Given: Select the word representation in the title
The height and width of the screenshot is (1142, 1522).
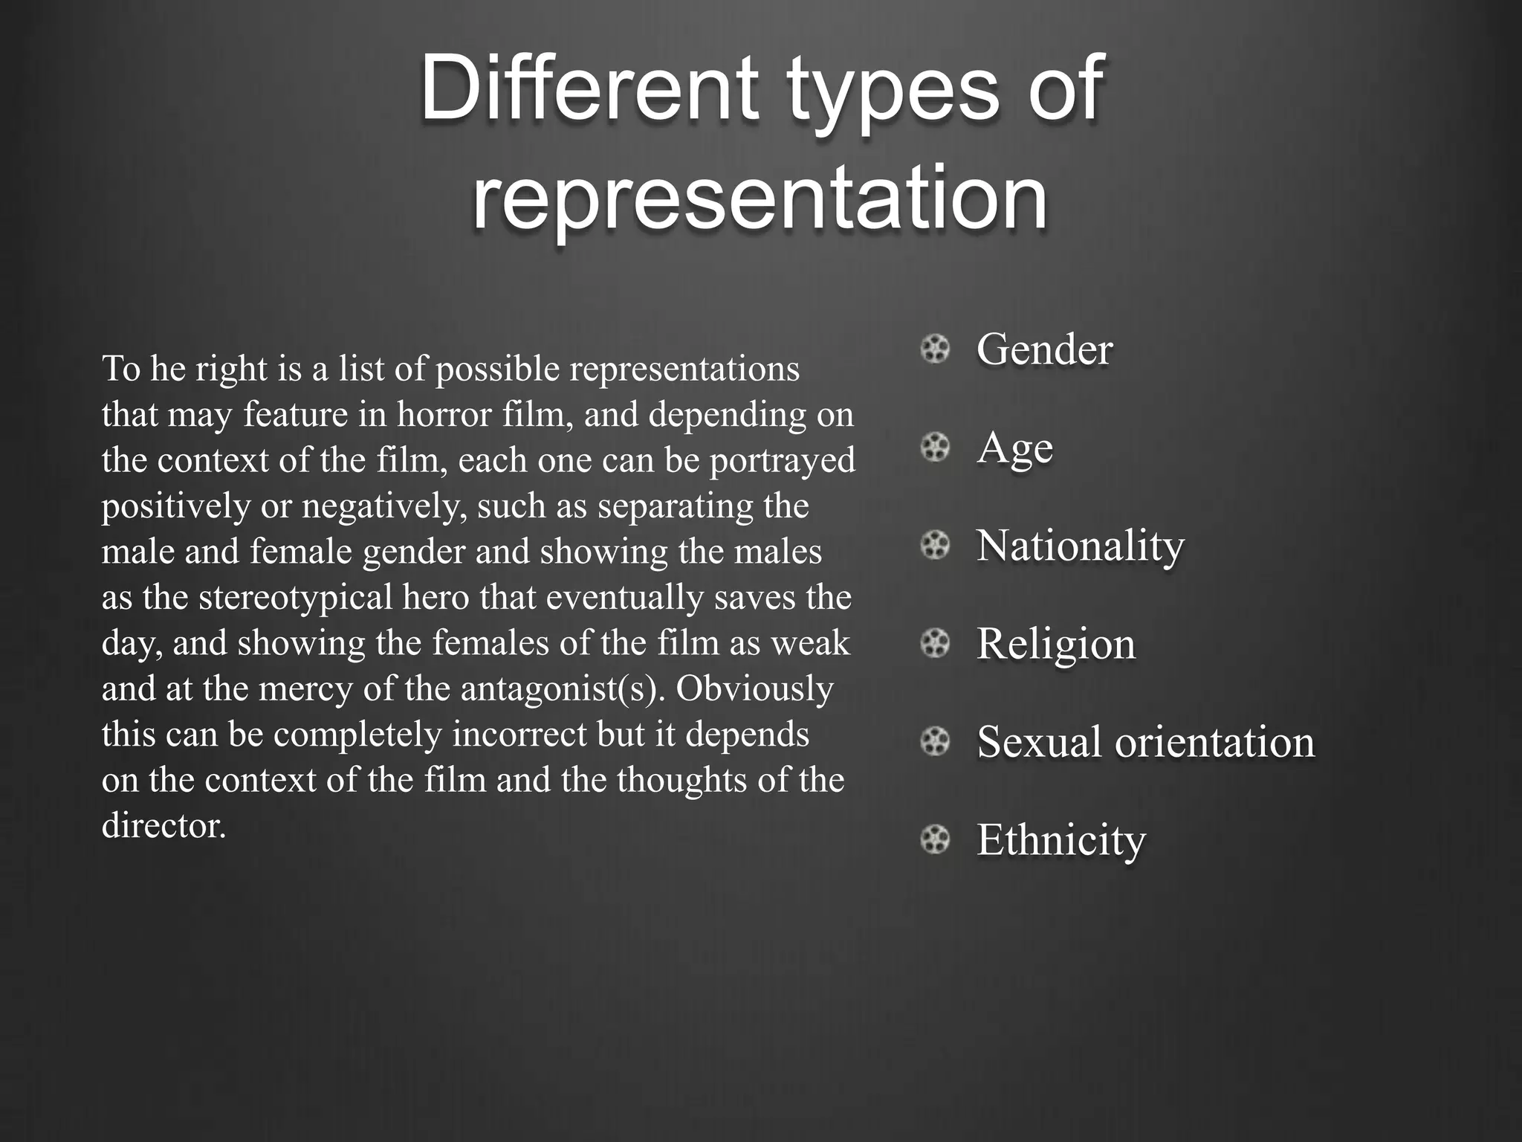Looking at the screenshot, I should coord(760,196).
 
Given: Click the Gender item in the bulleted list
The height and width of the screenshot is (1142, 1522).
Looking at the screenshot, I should coord(1044,349).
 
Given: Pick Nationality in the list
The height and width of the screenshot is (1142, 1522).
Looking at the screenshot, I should coord(1080,546).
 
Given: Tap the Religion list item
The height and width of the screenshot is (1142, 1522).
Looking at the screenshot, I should coord(1056,644).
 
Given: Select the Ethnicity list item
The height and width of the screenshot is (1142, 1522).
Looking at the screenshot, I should coord(1061,840).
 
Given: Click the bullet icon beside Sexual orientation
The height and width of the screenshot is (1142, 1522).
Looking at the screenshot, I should coord(935,742).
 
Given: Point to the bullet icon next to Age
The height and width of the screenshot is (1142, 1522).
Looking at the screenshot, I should coord(935,448).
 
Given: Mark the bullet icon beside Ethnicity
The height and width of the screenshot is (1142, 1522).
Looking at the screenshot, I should coord(935,840).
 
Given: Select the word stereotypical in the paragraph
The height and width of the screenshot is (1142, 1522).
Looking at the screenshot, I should coord(295,598).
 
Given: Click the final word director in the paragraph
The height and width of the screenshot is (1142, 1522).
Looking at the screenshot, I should coord(163,826).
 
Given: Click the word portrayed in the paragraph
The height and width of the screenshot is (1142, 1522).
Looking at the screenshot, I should coord(782,460).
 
